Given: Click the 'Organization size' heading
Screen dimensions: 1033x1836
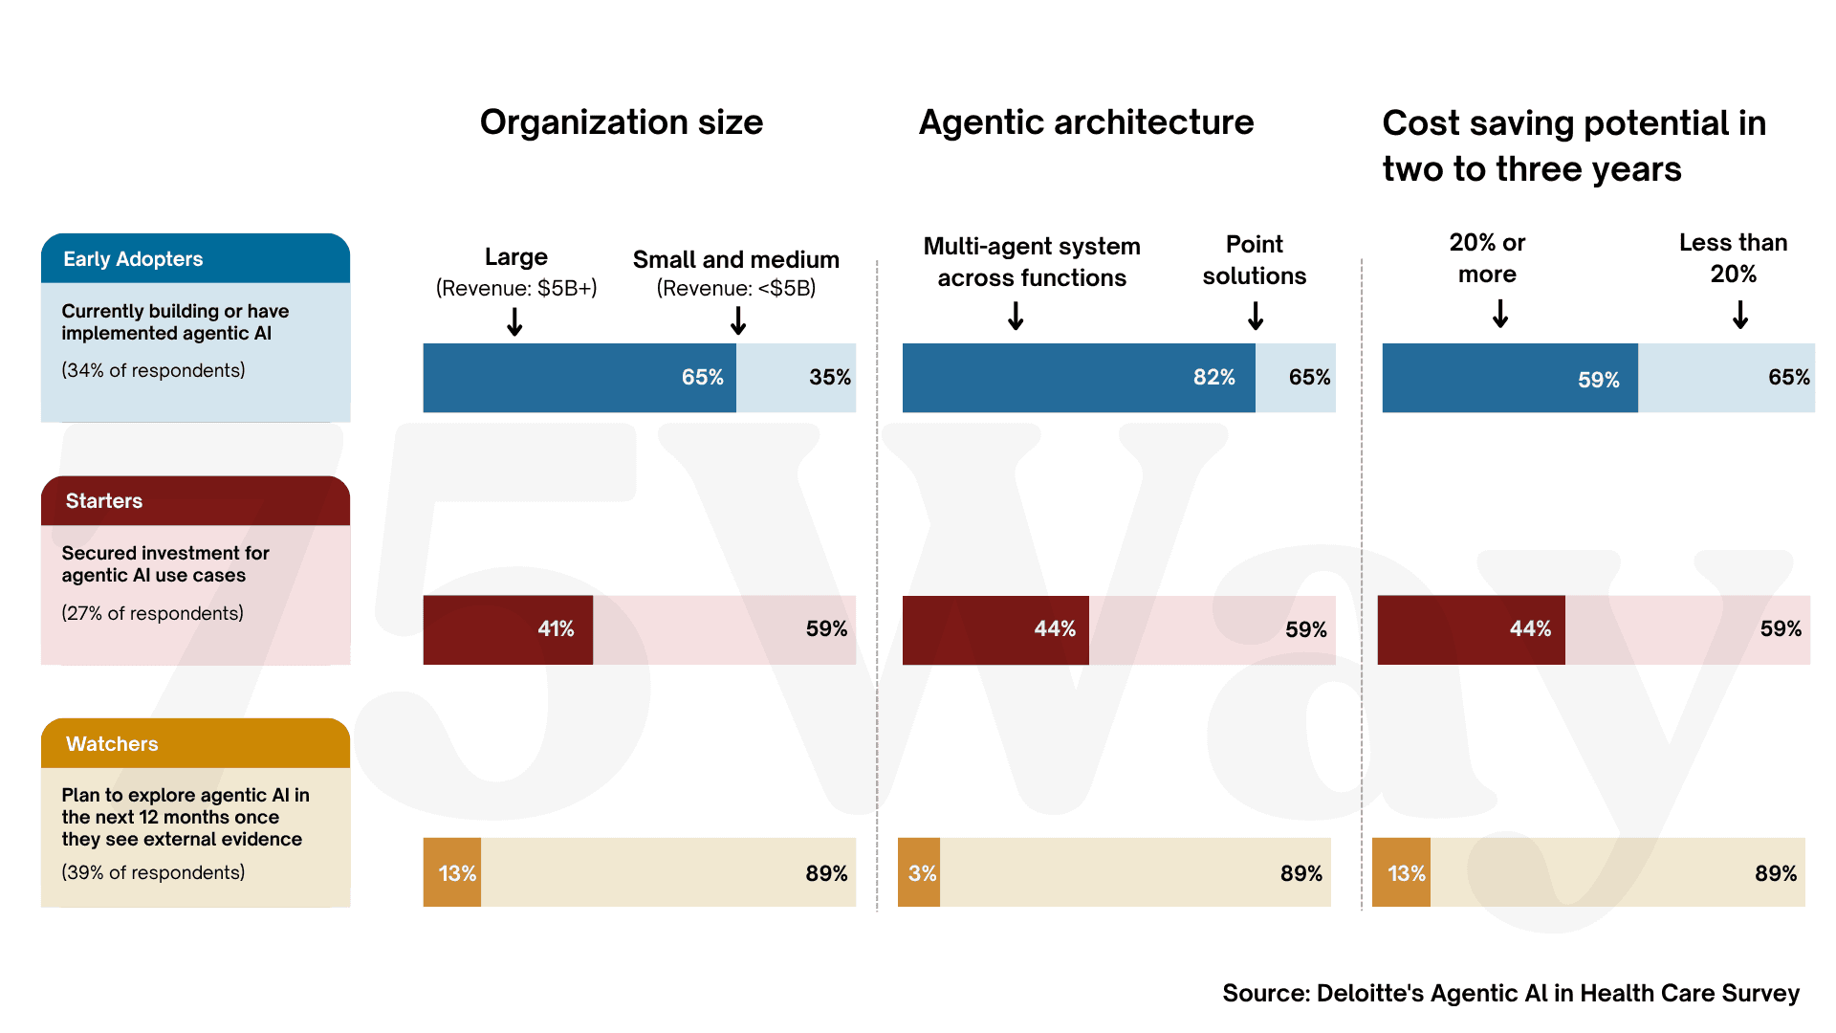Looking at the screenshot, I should [x=621, y=122].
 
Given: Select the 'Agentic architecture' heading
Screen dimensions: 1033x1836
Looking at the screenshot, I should [x=1085, y=122].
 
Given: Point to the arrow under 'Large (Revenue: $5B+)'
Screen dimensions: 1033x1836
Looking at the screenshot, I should [x=514, y=321].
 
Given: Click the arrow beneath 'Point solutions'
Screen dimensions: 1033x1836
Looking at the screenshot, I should [x=1256, y=316].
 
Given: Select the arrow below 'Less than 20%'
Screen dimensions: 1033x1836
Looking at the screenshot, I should [x=1740, y=315].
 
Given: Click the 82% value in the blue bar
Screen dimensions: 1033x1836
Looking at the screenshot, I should [x=1213, y=377].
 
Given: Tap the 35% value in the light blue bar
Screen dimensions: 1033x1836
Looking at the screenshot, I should [x=829, y=377].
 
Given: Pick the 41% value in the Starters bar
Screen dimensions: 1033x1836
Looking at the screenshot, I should [x=556, y=628].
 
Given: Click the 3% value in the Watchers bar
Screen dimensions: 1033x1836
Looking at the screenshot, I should [x=922, y=873].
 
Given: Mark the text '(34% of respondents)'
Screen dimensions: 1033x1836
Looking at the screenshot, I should [x=153, y=370].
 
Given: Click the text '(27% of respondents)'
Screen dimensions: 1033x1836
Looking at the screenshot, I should [x=152, y=613].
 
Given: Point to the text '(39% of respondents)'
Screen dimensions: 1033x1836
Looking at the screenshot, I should [x=153, y=872].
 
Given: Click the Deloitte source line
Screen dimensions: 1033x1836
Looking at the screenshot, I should [x=1510, y=993].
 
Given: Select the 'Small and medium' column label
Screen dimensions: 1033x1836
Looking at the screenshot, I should [x=735, y=260].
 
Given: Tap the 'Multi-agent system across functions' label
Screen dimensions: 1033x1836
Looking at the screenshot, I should [x=1031, y=262].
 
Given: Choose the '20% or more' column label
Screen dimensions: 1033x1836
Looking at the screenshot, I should [x=1487, y=258].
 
